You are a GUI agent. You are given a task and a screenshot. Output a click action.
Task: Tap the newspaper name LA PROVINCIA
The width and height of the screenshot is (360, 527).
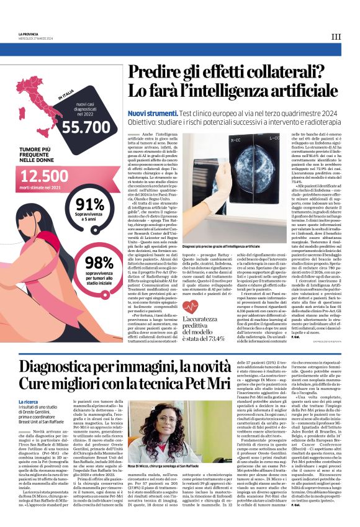(x=30, y=34)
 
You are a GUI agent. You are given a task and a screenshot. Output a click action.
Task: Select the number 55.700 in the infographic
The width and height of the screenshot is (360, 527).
(x=85, y=127)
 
